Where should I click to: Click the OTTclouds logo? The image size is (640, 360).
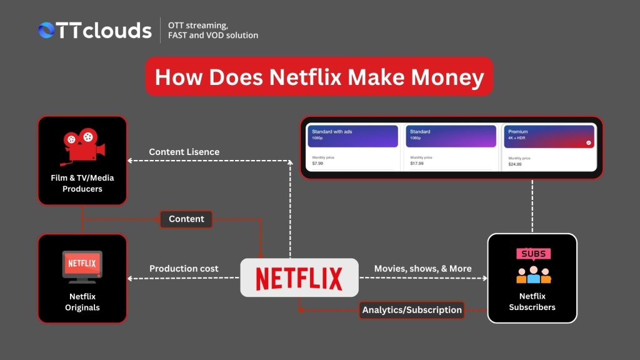[x=94, y=31]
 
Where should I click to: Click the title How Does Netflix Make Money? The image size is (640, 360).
[x=319, y=77]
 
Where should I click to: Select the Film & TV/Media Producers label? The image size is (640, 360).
[x=82, y=183]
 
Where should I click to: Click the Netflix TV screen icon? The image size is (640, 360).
[x=82, y=265]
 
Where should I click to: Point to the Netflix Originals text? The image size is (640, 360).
[x=82, y=302]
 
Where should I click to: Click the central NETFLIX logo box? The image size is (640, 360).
[x=299, y=277]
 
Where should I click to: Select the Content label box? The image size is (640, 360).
[x=186, y=219]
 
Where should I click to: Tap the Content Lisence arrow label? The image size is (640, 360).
[x=184, y=152]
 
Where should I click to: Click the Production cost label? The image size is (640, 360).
[x=184, y=269]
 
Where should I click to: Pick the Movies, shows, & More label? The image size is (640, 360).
[x=422, y=269]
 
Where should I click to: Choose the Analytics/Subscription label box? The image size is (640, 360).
[x=412, y=309]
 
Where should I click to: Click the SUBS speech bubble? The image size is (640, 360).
[x=532, y=254]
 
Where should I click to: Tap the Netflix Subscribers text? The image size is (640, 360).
[x=532, y=301]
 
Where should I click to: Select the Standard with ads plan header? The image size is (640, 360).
[x=352, y=136]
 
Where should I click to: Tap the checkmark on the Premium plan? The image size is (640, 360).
[x=587, y=142]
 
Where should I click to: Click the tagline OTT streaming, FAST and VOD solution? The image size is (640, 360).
[x=213, y=31]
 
